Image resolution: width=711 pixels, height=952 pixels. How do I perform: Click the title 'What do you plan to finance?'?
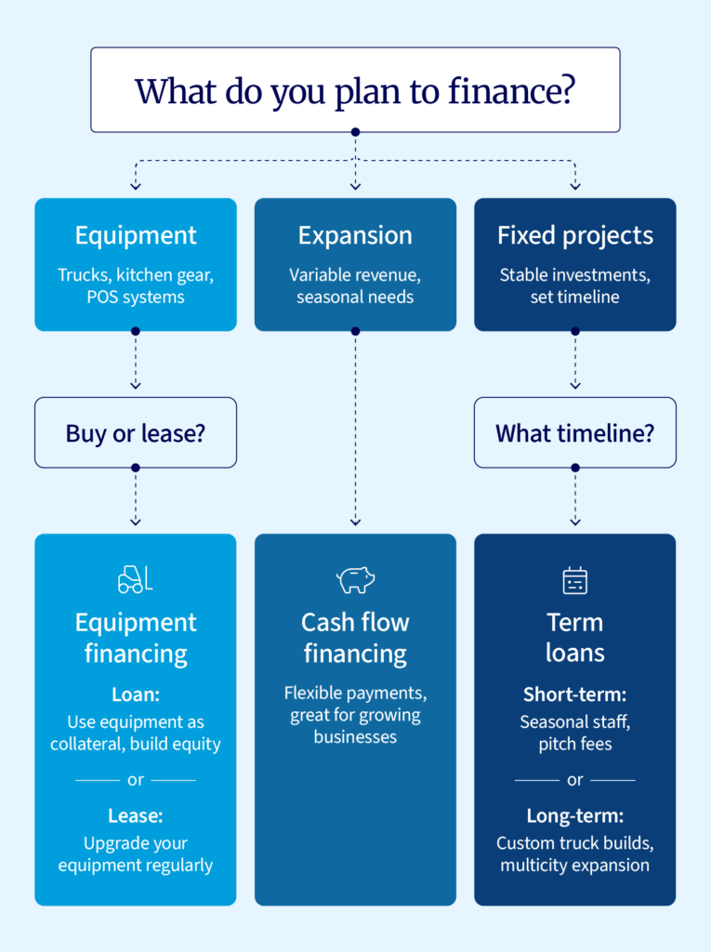tap(354, 91)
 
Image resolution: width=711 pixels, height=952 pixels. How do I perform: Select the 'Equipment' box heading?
tap(136, 235)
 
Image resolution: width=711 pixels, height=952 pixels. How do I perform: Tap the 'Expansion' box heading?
tap(355, 235)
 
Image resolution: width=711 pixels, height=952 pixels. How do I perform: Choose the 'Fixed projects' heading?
tap(574, 235)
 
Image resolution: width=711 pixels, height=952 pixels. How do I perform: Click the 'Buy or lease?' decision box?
tap(136, 432)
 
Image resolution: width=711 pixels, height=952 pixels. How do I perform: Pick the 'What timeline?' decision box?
tap(574, 432)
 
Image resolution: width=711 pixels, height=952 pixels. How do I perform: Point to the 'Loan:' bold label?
tap(136, 694)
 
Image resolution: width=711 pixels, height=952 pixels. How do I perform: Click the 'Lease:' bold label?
tap(136, 815)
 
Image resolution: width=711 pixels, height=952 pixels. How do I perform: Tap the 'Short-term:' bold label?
tap(574, 694)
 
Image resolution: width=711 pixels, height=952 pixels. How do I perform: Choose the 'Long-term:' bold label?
tap(574, 815)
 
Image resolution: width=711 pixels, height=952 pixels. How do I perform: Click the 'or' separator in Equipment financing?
tap(136, 780)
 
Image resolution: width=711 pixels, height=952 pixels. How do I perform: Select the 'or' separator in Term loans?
tap(574, 780)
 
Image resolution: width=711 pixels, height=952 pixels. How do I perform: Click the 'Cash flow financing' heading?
tap(355, 638)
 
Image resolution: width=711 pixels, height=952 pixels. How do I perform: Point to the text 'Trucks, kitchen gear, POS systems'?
tap(136, 285)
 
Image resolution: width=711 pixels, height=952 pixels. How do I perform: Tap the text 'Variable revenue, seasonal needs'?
tap(355, 285)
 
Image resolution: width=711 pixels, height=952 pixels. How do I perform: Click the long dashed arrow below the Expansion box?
tap(355, 428)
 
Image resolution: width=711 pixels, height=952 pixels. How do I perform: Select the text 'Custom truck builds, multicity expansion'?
tap(574, 854)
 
